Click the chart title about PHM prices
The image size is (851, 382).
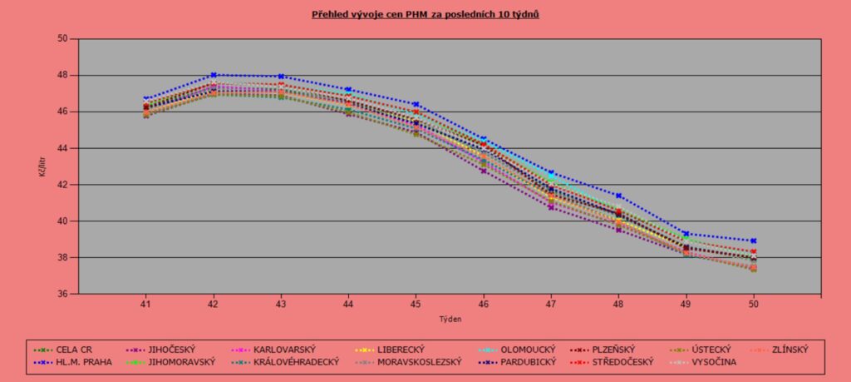[x=425, y=15]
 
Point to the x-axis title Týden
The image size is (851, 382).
[x=450, y=319]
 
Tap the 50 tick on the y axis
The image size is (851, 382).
[x=62, y=38]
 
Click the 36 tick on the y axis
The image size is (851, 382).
[x=62, y=294]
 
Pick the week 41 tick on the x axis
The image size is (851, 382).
[x=145, y=305]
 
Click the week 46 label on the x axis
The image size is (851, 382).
[x=483, y=305]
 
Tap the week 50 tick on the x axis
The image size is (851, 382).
[x=753, y=305]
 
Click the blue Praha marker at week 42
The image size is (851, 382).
[x=214, y=75]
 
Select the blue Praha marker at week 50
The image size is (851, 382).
[x=753, y=241]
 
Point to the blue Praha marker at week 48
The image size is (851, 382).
[x=618, y=196]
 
